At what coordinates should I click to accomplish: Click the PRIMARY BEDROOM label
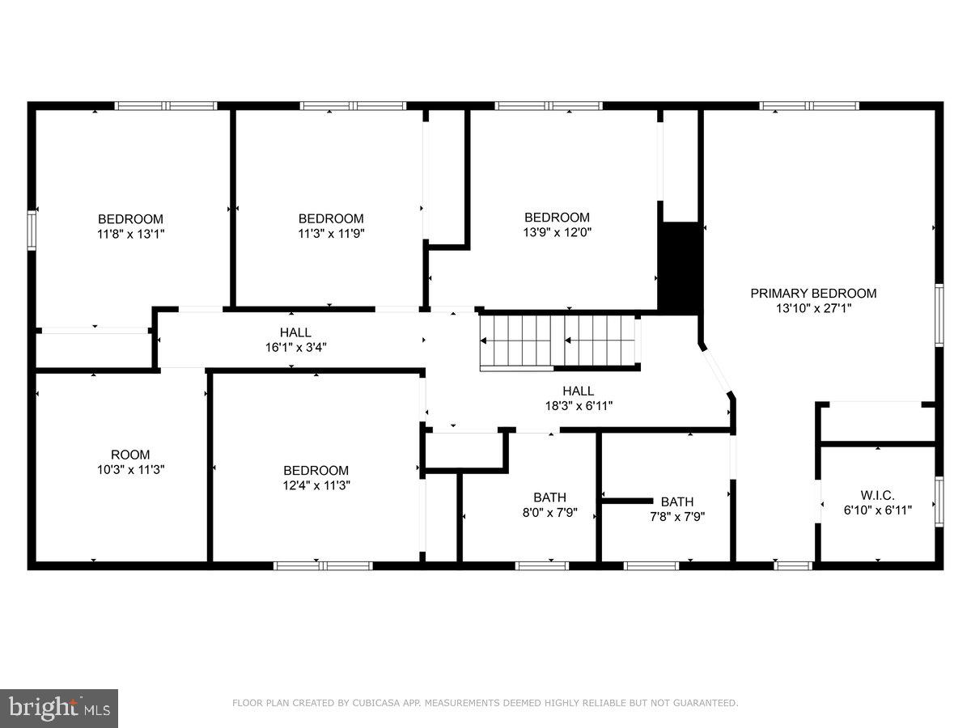point(813,294)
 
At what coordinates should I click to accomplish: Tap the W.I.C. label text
point(878,495)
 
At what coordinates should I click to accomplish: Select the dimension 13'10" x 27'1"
point(813,308)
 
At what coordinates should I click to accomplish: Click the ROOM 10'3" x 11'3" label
point(130,462)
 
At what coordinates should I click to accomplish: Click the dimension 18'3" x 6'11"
point(579,406)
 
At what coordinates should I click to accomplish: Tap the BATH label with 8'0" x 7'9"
point(549,497)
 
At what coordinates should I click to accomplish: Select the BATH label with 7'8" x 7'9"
point(677,502)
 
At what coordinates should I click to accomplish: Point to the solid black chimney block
point(680,267)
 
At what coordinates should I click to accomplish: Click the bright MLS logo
point(59,709)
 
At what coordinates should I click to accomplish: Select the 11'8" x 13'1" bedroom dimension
point(130,234)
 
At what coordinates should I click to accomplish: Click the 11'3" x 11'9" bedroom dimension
point(331,233)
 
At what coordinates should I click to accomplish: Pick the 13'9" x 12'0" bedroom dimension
point(557,232)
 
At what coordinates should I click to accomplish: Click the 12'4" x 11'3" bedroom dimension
point(316,485)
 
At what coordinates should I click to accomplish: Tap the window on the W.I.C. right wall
point(939,502)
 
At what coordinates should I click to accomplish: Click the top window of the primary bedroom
point(809,105)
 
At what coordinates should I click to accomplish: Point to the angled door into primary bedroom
point(717,370)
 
